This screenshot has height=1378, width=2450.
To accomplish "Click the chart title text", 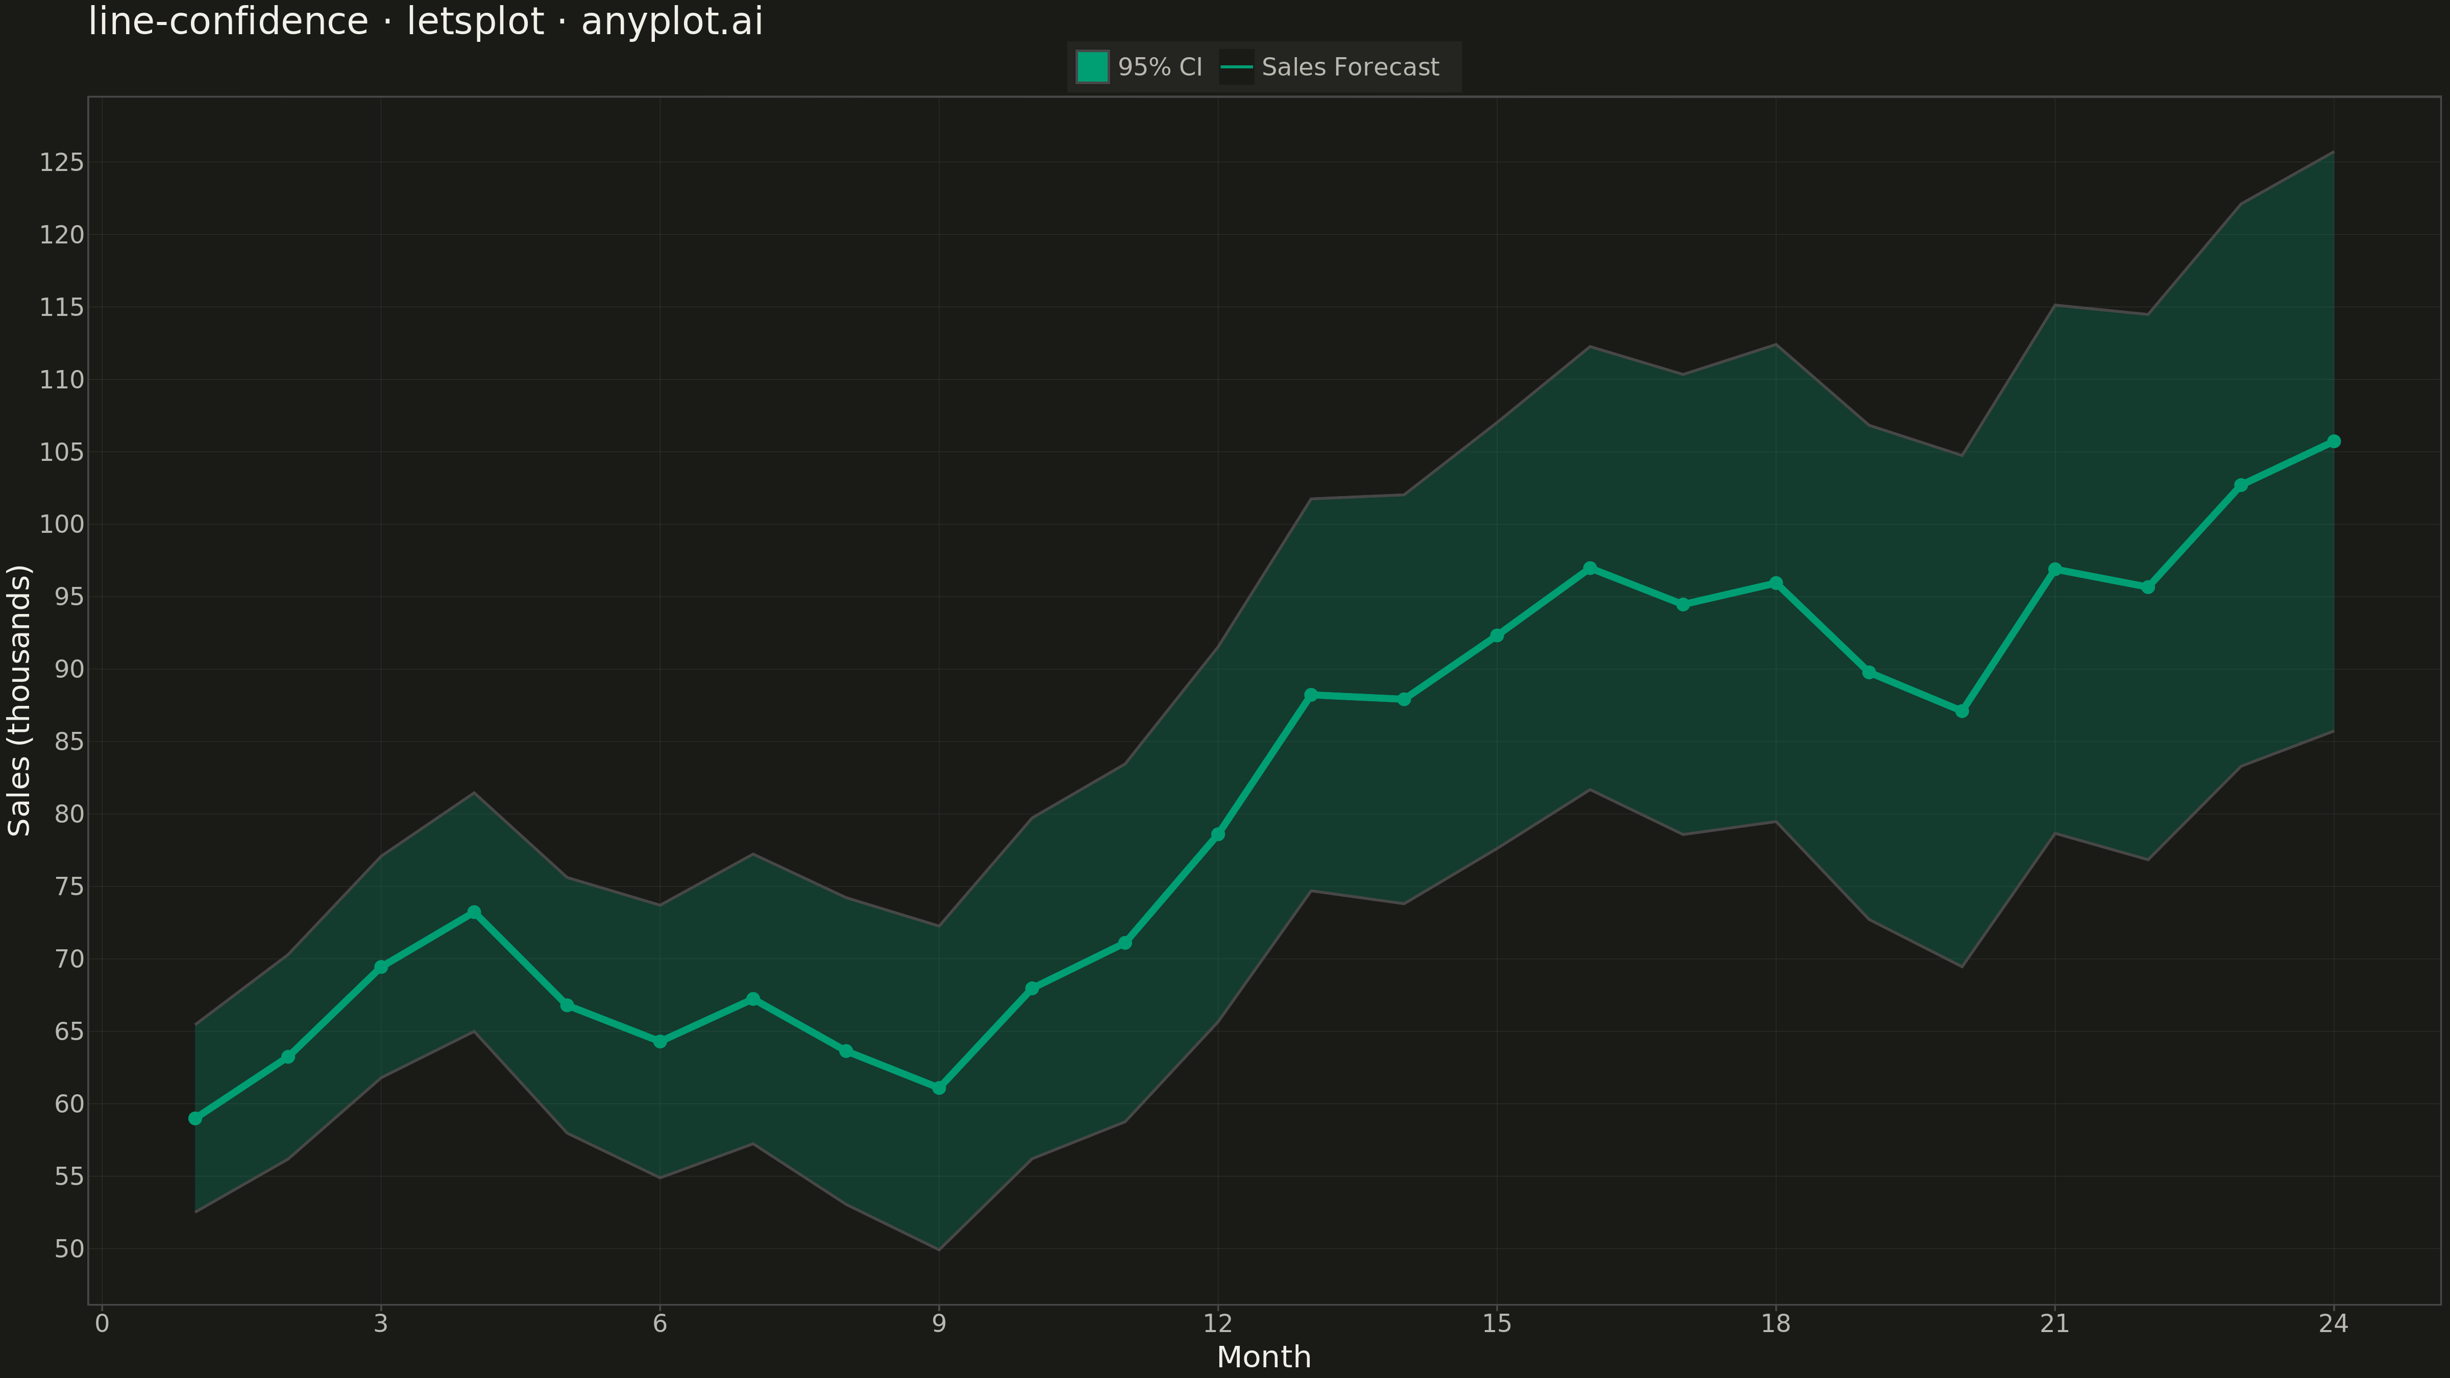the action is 425,22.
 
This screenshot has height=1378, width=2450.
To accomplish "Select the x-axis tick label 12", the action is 1217,1324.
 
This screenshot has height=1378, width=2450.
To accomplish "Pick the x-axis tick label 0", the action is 102,1324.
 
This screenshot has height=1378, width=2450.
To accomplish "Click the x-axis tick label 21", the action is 2054,1324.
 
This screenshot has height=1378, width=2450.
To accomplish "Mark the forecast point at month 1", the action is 195,1118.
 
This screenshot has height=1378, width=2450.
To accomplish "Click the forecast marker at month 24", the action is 2333,441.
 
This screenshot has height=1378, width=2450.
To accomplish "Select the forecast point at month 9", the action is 939,1088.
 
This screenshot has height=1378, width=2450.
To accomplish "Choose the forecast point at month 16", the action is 1589,568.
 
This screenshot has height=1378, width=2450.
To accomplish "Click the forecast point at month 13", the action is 1311,695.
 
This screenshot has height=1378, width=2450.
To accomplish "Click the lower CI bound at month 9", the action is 939,1249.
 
